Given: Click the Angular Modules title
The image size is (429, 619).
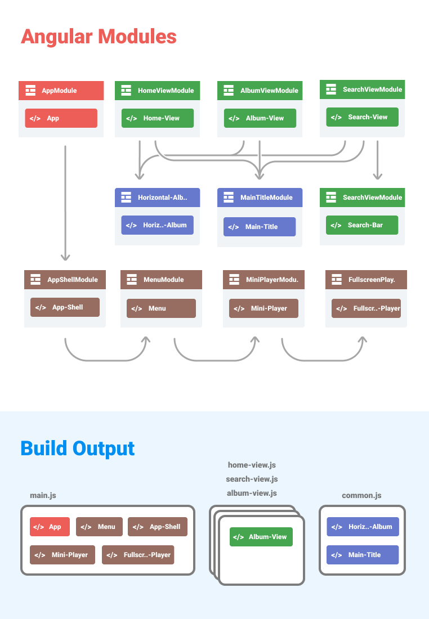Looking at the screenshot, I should (99, 37).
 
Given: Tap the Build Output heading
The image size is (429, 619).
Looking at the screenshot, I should (78, 448).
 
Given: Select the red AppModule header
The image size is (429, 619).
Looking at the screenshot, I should (61, 91).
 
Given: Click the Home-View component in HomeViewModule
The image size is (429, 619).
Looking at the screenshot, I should (158, 118).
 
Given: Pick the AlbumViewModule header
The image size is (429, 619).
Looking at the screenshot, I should (260, 91).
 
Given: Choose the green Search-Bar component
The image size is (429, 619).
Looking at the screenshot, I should (362, 225).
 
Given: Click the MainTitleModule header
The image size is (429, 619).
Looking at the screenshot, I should (260, 198).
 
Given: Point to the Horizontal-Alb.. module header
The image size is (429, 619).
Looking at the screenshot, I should (157, 198).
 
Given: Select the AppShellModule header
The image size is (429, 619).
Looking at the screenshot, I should (65, 280).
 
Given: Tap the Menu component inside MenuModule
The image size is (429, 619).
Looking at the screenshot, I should (161, 308).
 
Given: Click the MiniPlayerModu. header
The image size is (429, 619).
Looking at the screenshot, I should (263, 280).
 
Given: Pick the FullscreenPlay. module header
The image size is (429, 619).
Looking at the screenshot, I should (366, 280).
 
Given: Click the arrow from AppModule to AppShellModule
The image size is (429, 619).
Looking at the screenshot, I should (65, 203).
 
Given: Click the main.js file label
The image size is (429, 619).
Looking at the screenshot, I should (43, 495).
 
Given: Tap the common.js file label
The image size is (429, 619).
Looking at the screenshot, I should (361, 495).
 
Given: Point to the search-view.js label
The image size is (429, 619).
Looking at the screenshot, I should (252, 479).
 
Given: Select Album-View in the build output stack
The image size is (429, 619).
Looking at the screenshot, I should (261, 537).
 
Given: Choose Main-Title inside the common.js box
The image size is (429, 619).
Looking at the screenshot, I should (363, 555).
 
